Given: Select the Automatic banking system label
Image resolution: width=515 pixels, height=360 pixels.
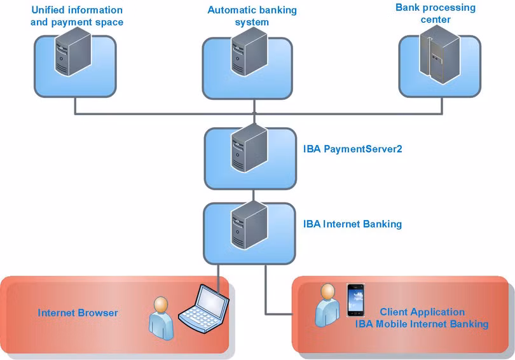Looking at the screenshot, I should (252, 17).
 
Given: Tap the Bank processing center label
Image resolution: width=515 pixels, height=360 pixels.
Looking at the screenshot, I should (436, 13).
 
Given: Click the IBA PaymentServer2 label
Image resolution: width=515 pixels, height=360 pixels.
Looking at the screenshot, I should (353, 149).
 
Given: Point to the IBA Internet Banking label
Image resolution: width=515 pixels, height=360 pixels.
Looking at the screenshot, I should (352, 224).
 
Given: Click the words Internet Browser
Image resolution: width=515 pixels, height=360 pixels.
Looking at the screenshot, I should (78, 312).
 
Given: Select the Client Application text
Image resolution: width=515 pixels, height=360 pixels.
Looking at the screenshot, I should (422, 312).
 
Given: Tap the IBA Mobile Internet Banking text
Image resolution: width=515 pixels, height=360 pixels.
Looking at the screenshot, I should (422, 324).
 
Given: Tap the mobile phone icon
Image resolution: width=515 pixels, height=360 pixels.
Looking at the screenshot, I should (357, 300).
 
